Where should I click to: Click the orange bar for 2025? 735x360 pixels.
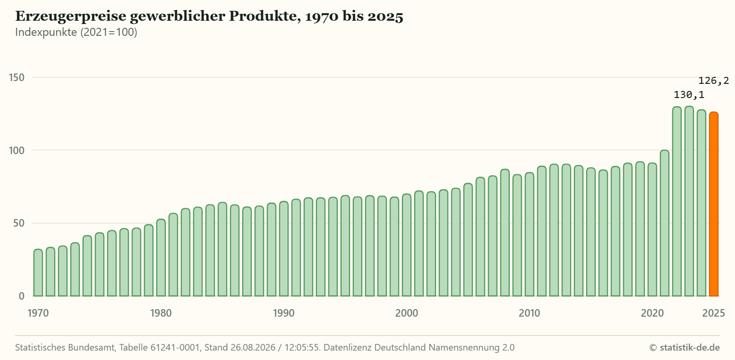tap(714, 204)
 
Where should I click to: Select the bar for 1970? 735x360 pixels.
tap(38, 273)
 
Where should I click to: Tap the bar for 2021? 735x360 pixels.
tap(664, 223)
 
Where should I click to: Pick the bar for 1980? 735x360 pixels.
tap(161, 258)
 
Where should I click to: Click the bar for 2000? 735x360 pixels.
tap(407, 245)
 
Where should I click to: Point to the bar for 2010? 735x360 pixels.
tap(529, 234)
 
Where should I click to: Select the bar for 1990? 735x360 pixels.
tap(284, 249)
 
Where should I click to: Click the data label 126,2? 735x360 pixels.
tap(713, 81)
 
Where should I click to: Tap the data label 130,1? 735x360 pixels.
tap(689, 95)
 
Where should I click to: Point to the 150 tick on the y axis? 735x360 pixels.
tap(17, 78)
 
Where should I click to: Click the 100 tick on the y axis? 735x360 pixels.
tap(17, 151)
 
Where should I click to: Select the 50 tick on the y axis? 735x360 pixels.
tap(19, 223)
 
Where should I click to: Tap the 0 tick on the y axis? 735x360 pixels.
tap(22, 296)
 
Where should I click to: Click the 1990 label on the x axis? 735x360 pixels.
tap(284, 313)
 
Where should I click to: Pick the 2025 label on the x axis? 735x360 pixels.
tap(714, 313)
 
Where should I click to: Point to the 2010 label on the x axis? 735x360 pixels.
tap(529, 313)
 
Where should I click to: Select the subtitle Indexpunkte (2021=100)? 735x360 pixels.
tap(76, 32)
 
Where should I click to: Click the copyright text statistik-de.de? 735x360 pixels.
tap(690, 348)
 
